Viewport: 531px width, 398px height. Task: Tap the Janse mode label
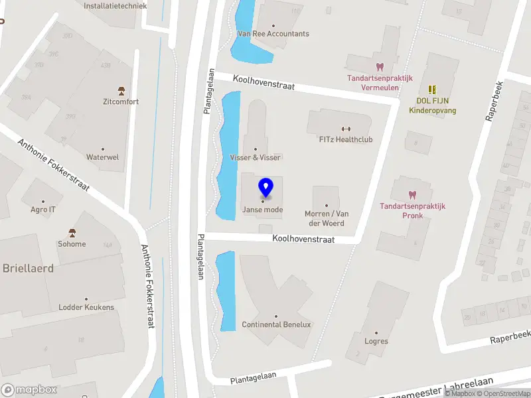262,210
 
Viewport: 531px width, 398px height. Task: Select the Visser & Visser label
255,157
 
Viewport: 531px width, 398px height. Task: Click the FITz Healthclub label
345,139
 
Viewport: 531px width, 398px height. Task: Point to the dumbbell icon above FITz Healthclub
345,129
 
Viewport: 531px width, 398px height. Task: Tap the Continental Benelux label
276,324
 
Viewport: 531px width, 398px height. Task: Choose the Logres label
376,342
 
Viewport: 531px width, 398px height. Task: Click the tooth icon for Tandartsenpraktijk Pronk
412,194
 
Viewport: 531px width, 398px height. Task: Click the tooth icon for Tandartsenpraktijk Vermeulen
380,66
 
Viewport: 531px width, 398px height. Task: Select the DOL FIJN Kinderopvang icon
432,89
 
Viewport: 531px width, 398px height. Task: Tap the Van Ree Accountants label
273,34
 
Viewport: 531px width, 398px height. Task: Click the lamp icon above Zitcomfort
121,90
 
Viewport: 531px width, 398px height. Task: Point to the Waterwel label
102,157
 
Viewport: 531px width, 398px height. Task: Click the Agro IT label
43,209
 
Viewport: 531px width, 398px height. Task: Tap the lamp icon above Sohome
72,232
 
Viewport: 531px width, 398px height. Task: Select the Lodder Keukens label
86,307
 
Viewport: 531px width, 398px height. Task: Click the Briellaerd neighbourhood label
28,269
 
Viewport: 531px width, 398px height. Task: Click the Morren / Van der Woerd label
327,218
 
